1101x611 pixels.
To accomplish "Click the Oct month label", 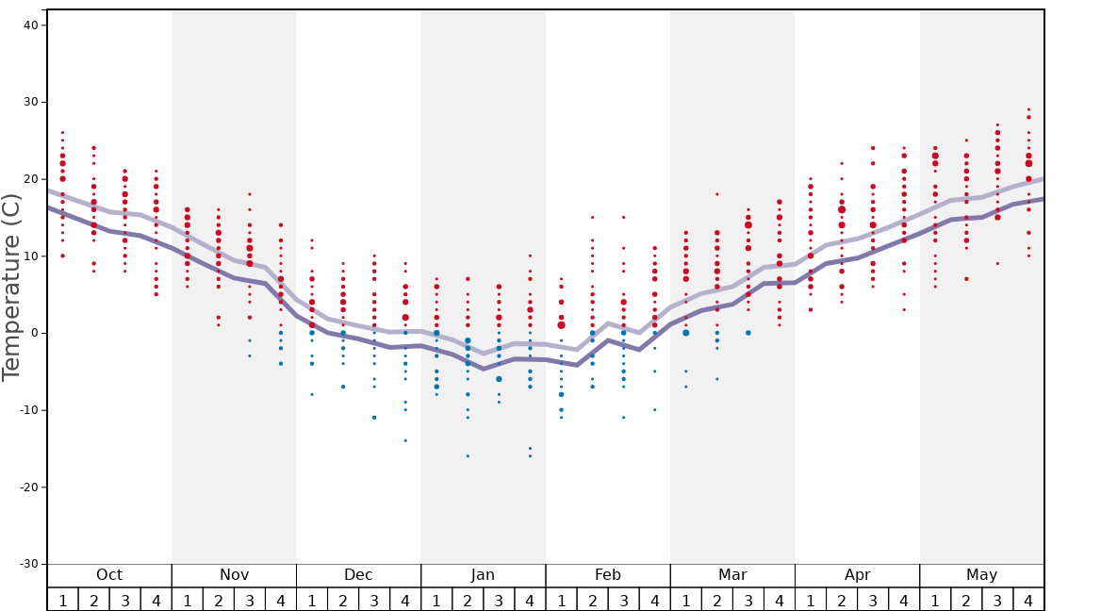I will [x=109, y=575].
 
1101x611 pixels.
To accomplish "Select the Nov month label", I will [x=234, y=575].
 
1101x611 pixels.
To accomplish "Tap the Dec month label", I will [x=358, y=575].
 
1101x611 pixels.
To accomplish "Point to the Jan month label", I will [x=483, y=575].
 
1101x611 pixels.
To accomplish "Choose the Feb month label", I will [x=608, y=575].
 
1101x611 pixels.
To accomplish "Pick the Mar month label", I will [x=732, y=575].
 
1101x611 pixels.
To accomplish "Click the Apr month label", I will [x=857, y=575].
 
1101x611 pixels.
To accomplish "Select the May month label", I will [x=981, y=575].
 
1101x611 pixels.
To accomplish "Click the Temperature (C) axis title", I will [x=11, y=287].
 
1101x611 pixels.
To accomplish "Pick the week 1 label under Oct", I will [x=62, y=601].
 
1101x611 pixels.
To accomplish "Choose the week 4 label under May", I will [x=1028, y=601].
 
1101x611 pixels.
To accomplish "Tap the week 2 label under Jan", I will [x=468, y=601].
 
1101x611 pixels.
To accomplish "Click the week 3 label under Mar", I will [x=748, y=601].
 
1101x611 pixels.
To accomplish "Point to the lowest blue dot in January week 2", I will [x=468, y=456].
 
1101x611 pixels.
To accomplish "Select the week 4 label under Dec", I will [x=405, y=601].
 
